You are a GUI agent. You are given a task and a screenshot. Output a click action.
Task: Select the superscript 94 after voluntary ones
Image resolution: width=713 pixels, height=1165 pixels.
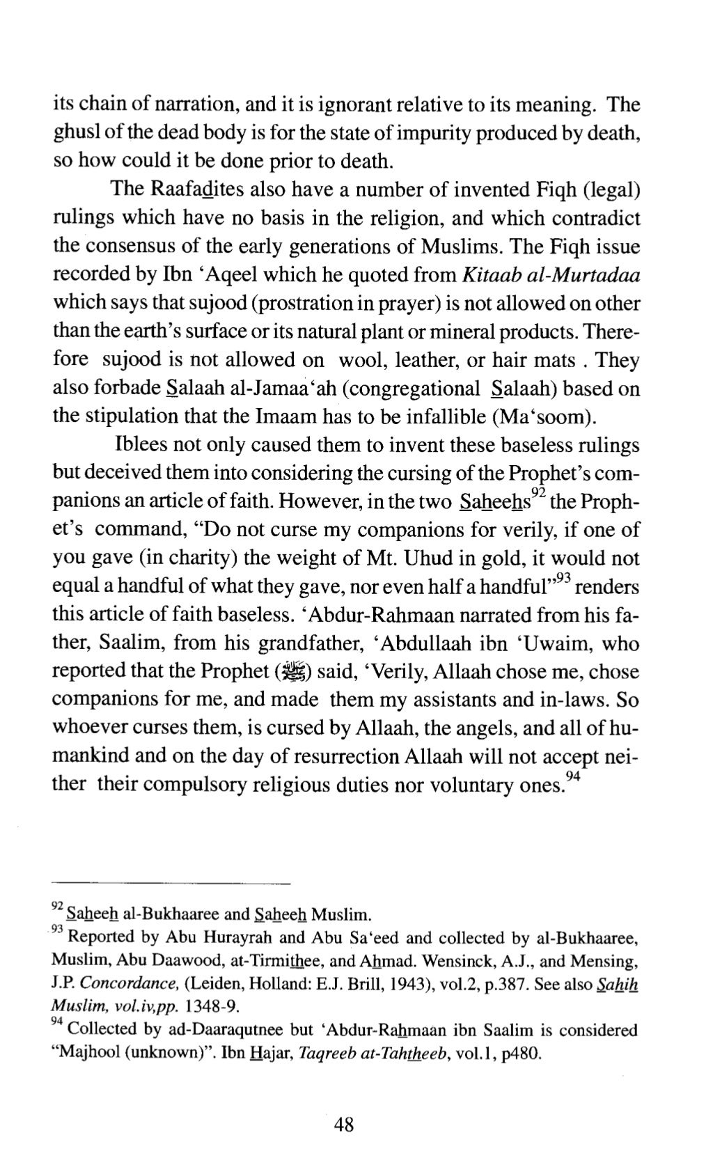[x=572, y=776]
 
